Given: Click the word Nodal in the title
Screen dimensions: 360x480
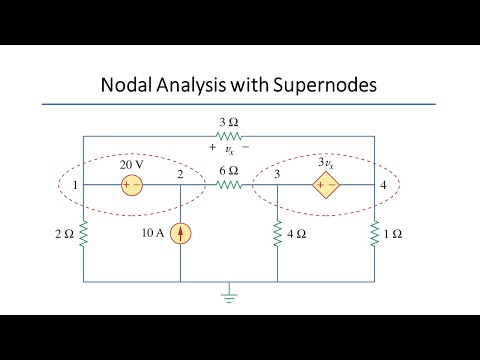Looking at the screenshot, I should (130, 85).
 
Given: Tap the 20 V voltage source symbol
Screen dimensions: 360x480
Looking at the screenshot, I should (131, 185).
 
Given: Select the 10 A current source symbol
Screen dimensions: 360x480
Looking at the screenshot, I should (180, 233).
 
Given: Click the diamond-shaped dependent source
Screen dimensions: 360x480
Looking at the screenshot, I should (323, 185).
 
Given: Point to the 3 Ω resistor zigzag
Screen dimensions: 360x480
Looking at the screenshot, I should (229, 135).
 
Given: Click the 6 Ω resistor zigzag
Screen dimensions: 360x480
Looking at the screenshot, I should (229, 185).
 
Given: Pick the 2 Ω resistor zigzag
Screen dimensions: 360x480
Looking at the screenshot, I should (83, 234).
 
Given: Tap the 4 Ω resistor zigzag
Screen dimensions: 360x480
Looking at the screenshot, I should (276, 234).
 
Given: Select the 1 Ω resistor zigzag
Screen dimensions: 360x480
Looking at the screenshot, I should (373, 234).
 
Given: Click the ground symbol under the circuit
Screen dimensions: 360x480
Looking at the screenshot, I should (229, 296).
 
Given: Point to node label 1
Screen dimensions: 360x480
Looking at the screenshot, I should (73, 185).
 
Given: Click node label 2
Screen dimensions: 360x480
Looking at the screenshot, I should (181, 174).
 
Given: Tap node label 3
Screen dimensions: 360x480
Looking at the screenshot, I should (275, 174).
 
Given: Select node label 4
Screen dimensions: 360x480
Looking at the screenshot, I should (384, 185).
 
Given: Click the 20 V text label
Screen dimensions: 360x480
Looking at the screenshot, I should (133, 164).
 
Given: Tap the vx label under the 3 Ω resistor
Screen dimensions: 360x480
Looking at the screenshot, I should (229, 147).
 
